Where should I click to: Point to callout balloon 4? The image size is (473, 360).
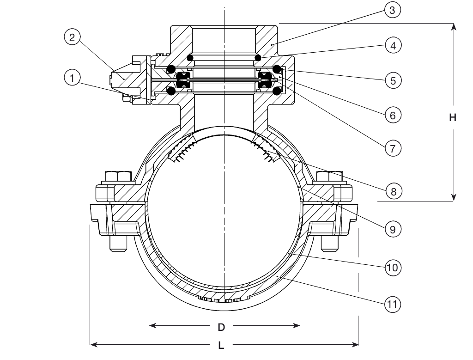coord(392,45)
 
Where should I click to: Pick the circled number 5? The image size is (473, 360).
coord(392,80)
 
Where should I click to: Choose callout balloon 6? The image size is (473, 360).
coord(392,115)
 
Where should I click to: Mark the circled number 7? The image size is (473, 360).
coord(392,149)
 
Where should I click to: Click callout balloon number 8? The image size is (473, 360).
coord(392,191)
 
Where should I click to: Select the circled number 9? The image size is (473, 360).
coord(392,229)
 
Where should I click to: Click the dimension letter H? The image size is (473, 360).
coord(453,118)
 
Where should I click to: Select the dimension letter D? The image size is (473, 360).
coord(221,327)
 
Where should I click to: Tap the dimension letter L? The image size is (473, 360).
coord(221,345)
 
